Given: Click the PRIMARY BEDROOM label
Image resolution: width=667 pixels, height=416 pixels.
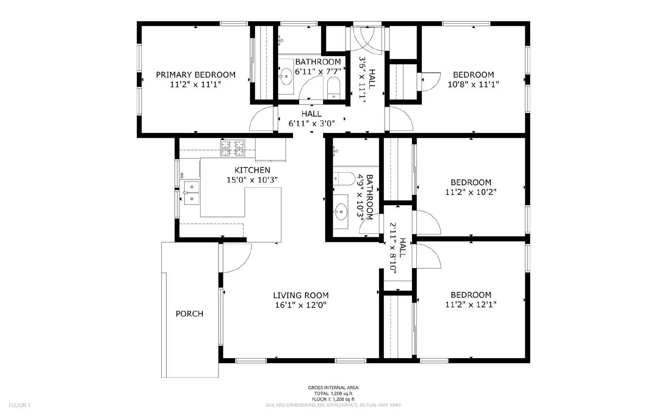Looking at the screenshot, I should click(x=196, y=75).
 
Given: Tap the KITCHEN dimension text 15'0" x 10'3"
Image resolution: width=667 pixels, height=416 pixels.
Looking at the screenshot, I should click(x=252, y=180).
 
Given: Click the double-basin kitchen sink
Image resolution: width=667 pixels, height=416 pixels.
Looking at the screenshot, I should click(x=191, y=193).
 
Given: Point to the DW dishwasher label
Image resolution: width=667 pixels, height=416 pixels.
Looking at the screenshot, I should click(x=182, y=175).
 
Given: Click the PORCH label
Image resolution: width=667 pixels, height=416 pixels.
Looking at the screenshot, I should click(x=189, y=314).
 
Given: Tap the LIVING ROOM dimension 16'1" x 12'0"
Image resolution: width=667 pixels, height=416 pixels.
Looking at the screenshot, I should click(x=301, y=305).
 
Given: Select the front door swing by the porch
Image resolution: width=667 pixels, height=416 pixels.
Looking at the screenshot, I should click(x=236, y=258).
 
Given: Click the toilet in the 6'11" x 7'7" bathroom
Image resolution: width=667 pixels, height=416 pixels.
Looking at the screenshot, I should click(x=334, y=88).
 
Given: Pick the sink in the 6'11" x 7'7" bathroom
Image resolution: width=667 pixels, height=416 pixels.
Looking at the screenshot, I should click(x=286, y=77).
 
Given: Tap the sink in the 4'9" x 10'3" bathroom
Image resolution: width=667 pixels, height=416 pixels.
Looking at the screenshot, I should click(x=341, y=212).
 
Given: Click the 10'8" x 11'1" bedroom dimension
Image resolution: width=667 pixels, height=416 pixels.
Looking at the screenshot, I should click(x=473, y=85).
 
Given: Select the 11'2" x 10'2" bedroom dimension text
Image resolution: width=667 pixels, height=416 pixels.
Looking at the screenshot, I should click(x=471, y=192).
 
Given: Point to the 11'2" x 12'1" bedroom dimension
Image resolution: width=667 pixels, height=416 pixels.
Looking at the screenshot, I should click(x=471, y=305).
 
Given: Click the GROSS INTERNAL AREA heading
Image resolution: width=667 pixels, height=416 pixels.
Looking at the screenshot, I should click(x=333, y=388).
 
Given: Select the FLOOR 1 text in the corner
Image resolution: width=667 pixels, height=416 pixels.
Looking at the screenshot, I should click(x=20, y=405).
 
